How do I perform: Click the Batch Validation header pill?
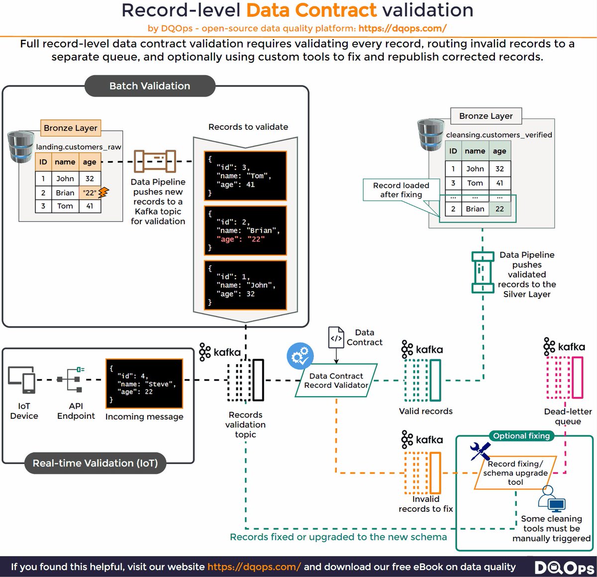click(150, 86)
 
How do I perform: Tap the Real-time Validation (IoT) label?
click(95, 463)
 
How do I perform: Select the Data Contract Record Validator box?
click(336, 381)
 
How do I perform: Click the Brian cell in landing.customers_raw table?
click(65, 192)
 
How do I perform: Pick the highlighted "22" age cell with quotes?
click(90, 192)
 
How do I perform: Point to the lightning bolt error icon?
click(103, 192)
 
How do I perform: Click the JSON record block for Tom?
click(245, 176)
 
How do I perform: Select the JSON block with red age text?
click(245, 230)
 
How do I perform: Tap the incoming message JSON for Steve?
click(144, 384)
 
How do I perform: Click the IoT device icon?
click(21, 380)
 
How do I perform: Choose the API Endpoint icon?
click(71, 380)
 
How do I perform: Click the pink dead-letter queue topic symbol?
click(565, 378)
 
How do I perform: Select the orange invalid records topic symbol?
click(423, 473)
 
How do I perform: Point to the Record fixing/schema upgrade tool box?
click(515, 473)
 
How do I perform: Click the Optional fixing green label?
click(521, 436)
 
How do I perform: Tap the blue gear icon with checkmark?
click(300, 356)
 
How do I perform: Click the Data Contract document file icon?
click(336, 337)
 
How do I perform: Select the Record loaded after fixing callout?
click(401, 190)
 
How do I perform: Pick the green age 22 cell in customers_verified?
click(499, 209)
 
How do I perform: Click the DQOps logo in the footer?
click(565, 568)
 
